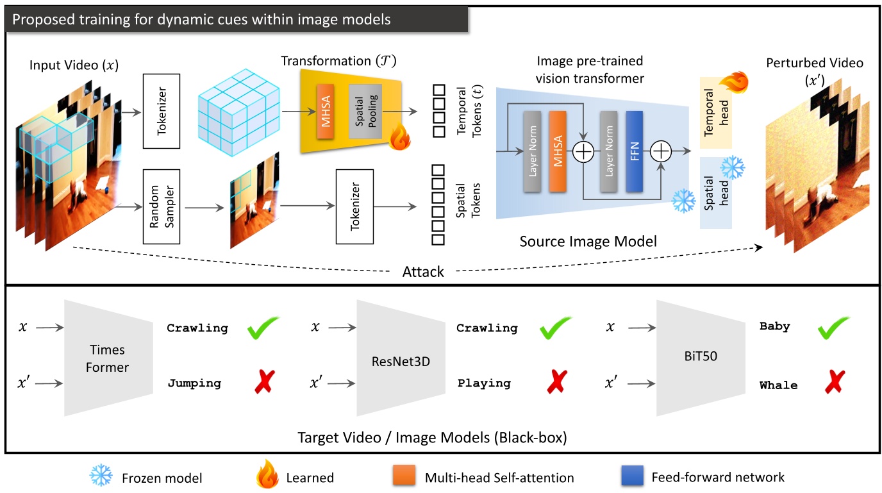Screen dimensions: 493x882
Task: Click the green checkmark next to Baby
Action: pyautogui.click(x=833, y=328)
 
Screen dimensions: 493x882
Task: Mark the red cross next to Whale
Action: pyautogui.click(x=833, y=383)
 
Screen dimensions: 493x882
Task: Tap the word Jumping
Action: pyautogui.click(x=194, y=383)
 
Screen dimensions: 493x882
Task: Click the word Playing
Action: pyautogui.click(x=484, y=383)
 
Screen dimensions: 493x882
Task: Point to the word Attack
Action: pyautogui.click(x=423, y=271)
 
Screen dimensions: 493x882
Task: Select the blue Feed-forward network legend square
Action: pyautogui.click(x=633, y=476)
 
